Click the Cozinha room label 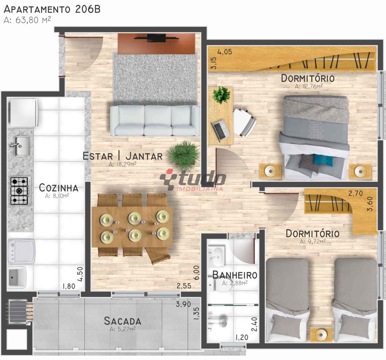(58, 188)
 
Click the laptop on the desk (221, 130)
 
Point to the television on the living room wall (156, 38)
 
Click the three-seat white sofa (155, 121)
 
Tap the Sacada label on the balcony (123, 321)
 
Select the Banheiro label (235, 275)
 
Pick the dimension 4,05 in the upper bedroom (225, 52)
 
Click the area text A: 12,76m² (309, 86)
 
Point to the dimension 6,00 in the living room (196, 272)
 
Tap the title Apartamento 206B (52, 9)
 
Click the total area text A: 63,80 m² (27, 20)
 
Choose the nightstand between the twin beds (321, 335)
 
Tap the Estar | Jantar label (123, 156)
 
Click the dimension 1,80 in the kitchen (69, 286)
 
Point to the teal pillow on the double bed (324, 160)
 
